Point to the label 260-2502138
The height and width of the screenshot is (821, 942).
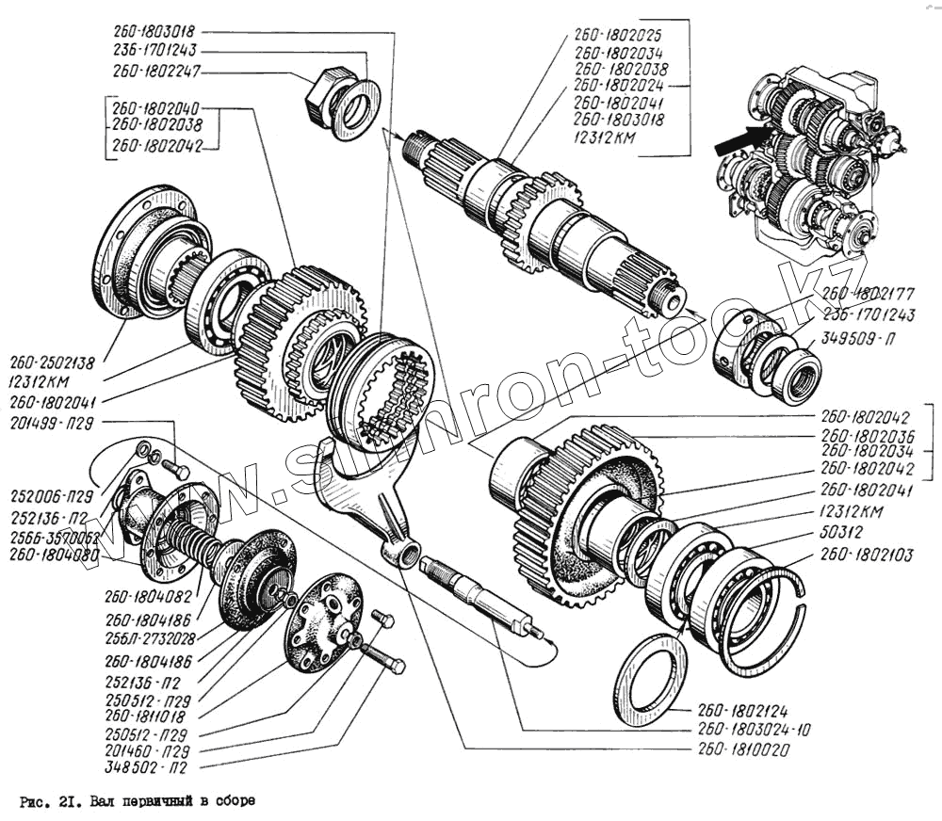pyautogui.click(x=52, y=361)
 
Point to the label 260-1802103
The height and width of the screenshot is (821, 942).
pyautogui.click(x=866, y=555)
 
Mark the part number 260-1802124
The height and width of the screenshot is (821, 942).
pyautogui.click(x=743, y=711)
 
